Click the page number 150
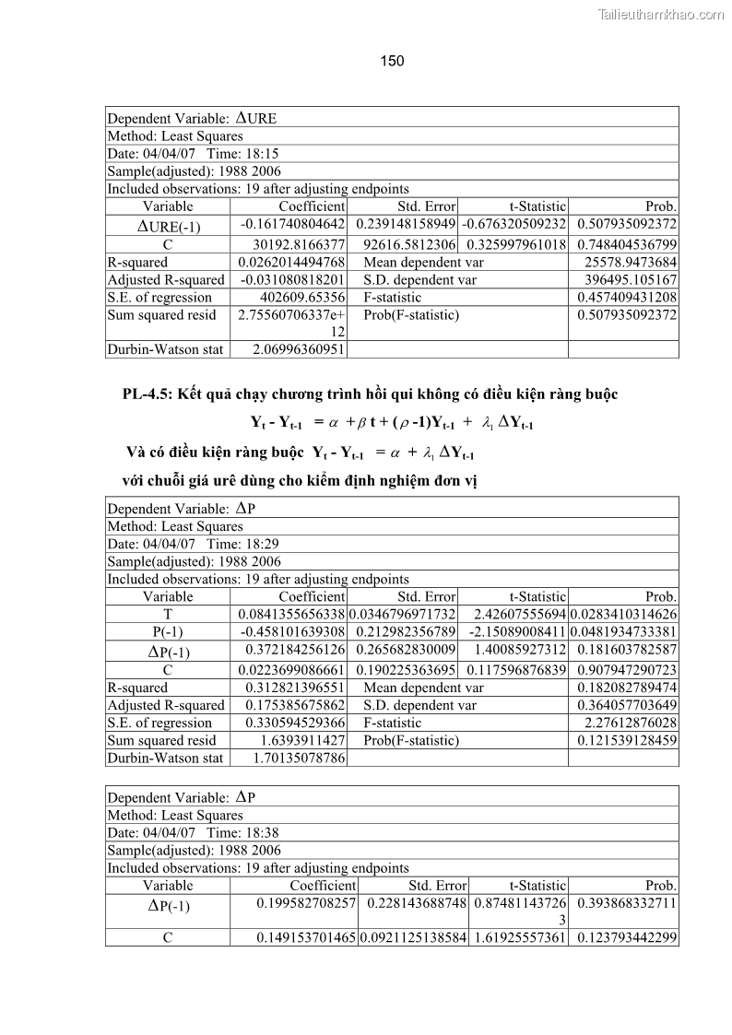pyautogui.click(x=392, y=61)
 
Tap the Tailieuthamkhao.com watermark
pyautogui.click(x=661, y=15)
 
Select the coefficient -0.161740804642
pyautogui.click(x=292, y=225)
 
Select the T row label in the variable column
pyautogui.click(x=167, y=615)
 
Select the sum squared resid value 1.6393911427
pyautogui.click(x=301, y=740)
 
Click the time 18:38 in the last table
pyautogui.click(x=261, y=850)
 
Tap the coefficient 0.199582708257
pyautogui.click(x=292, y=902)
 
